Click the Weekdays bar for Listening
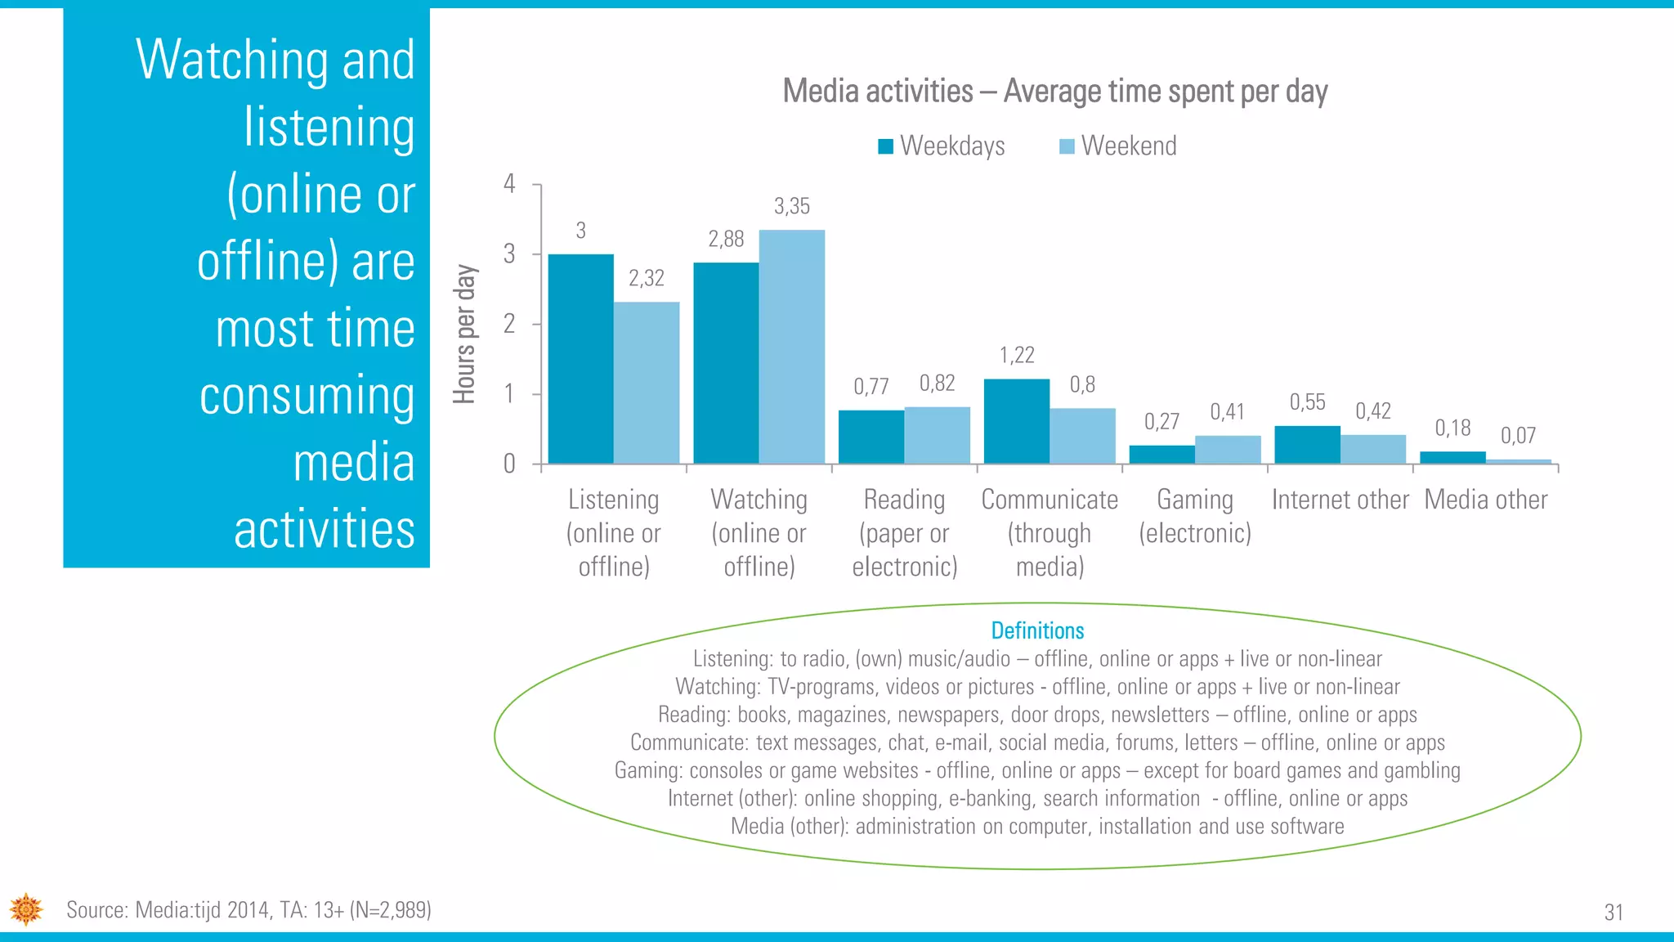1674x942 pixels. tap(580, 360)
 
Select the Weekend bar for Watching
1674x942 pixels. tap(791, 348)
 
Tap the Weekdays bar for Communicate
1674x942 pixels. tap(1016, 422)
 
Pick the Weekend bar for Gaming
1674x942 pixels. tap(1227, 450)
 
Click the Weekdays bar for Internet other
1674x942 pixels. tap(1307, 446)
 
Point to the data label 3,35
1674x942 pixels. tap(791, 206)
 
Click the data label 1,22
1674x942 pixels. tap(1017, 355)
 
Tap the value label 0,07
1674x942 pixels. tap(1518, 436)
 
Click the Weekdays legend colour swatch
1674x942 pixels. tap(885, 146)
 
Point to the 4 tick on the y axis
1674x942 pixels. tap(509, 184)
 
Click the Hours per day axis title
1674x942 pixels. tap(464, 334)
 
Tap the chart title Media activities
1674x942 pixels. tap(1054, 91)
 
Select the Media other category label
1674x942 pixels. tap(1485, 500)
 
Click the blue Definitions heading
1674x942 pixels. tap(1037, 630)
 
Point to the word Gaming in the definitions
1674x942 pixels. tap(648, 771)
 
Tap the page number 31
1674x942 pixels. tap(1614, 913)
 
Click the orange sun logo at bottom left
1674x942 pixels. tap(26, 909)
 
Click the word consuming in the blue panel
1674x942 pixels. tap(307, 396)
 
